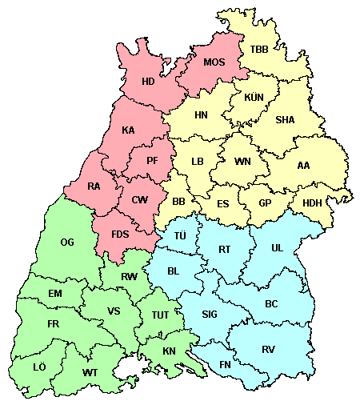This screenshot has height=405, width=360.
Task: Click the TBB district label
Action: click(x=259, y=50)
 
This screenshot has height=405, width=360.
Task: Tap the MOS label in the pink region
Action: click(x=214, y=62)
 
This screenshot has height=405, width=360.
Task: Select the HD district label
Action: click(x=148, y=81)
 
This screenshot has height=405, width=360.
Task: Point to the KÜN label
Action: click(x=254, y=98)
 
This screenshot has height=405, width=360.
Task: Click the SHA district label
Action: click(x=285, y=120)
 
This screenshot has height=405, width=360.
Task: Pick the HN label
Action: click(x=202, y=115)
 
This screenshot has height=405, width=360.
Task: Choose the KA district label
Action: click(x=128, y=130)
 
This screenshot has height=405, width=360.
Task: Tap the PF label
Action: click(x=153, y=160)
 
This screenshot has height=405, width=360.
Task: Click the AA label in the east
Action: click(x=303, y=166)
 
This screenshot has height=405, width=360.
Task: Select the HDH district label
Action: click(x=311, y=203)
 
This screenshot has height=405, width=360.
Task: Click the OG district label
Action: click(x=67, y=242)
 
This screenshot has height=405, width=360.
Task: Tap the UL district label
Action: click(x=277, y=248)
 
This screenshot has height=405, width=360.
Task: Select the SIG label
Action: click(x=210, y=314)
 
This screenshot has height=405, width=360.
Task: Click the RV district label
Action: click(x=268, y=349)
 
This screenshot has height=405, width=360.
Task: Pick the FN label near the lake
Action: click(x=226, y=366)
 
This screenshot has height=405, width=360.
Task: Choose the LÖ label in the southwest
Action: click(x=39, y=367)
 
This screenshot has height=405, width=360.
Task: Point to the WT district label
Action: click(x=90, y=373)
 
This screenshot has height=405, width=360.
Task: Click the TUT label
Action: click(x=160, y=315)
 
